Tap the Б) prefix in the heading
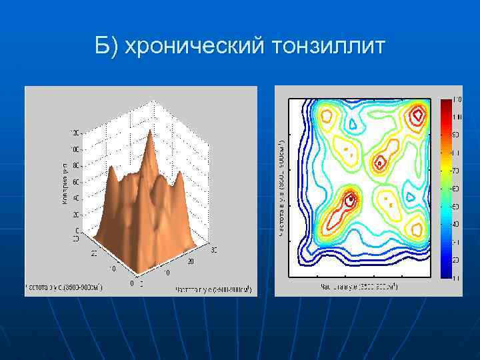pos(107,46)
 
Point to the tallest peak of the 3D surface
pos(149,132)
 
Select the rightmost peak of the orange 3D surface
pos(179,175)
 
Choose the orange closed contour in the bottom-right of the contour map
pos(417,230)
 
